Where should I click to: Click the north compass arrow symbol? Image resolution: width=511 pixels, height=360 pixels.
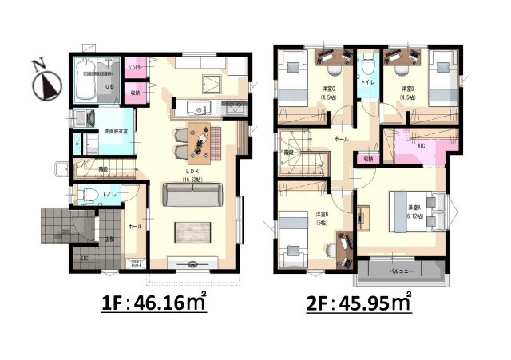(50, 80)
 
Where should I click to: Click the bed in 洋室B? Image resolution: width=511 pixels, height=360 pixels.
(294, 235)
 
